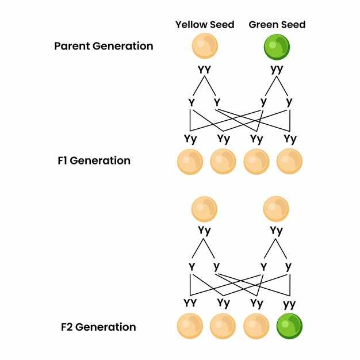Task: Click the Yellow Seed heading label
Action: point(205,25)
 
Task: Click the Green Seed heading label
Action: point(277,25)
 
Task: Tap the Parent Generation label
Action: point(104,46)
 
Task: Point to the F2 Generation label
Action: point(98,327)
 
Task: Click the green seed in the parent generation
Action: point(277,47)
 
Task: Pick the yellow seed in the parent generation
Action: point(205,47)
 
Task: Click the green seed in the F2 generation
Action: point(290,327)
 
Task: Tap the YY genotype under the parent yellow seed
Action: point(204,70)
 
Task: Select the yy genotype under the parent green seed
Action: point(277,69)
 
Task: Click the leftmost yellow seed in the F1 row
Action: point(190,162)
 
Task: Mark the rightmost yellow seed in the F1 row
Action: point(289,162)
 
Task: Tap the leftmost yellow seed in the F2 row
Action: point(190,327)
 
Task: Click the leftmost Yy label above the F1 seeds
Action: point(190,139)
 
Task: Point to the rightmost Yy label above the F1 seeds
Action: point(290,139)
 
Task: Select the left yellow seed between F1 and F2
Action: point(204,209)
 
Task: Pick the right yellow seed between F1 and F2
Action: point(276,209)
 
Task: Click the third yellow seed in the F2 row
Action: point(256,327)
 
